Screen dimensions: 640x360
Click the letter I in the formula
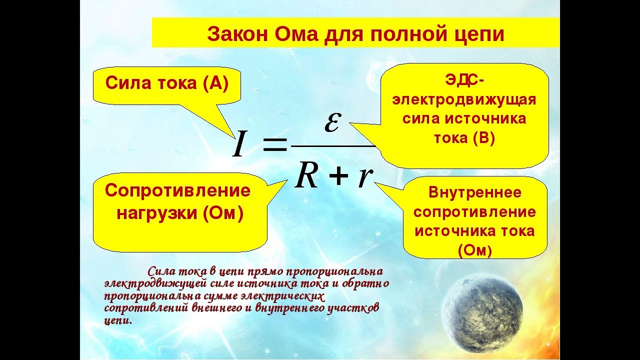coord(239,143)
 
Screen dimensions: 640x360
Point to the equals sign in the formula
coord(274,144)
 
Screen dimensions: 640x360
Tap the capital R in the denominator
coord(306,177)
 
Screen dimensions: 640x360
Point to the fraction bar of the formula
coord(333,145)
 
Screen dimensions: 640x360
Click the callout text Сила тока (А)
coord(167,83)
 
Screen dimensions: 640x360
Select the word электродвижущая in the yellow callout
coord(464,99)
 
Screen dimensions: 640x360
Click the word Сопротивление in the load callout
coord(177,190)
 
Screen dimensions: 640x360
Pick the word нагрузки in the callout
coord(157,212)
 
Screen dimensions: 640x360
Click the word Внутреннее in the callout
coord(475,192)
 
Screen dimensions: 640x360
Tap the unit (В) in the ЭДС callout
coord(484,138)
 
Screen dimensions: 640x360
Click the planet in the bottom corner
coord(482,311)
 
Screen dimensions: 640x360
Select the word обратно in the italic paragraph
coord(365,283)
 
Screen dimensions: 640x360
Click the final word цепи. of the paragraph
coord(118,320)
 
